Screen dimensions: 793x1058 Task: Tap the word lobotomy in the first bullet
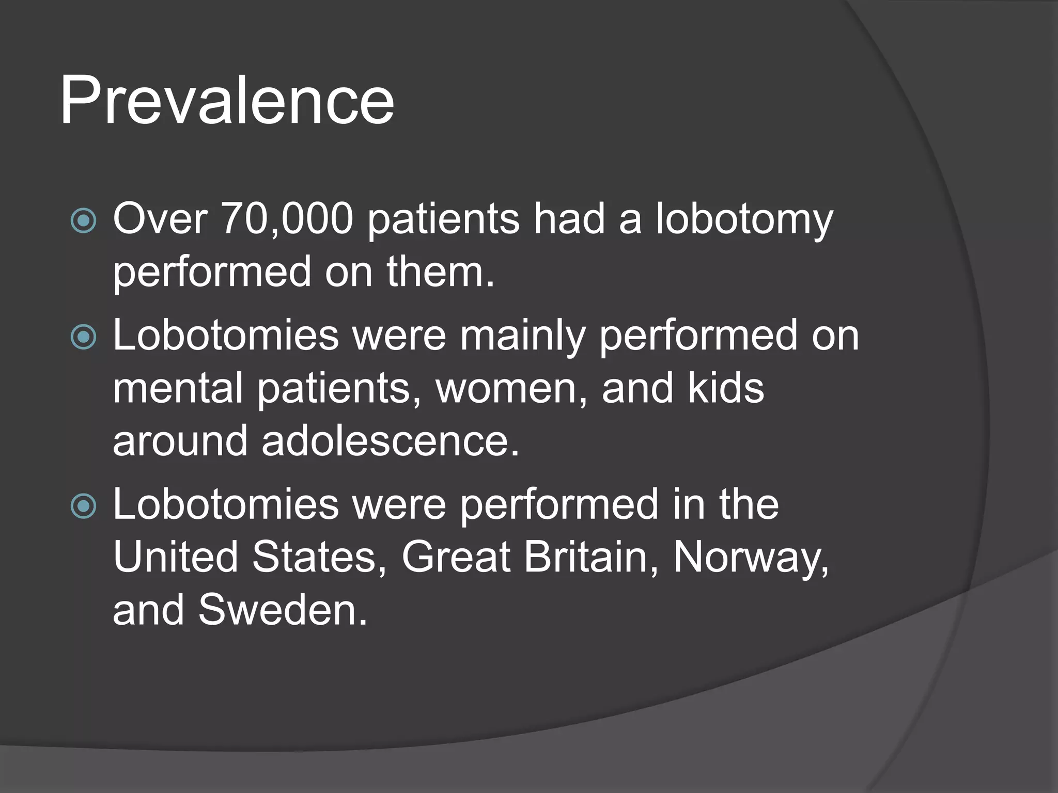[x=744, y=220]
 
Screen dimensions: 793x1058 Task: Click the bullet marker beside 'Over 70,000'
[x=83, y=221]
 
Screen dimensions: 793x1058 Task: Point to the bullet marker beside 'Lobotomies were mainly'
[x=83, y=337]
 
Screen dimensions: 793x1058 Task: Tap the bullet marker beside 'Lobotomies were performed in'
[x=83, y=506]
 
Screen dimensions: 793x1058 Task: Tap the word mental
[x=178, y=388]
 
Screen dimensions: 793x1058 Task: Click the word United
[x=175, y=557]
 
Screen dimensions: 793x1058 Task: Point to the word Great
[x=456, y=557]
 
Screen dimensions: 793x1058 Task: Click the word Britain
[x=586, y=557]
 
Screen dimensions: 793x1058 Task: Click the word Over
[x=160, y=219]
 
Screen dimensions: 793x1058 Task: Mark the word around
[x=180, y=441]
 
